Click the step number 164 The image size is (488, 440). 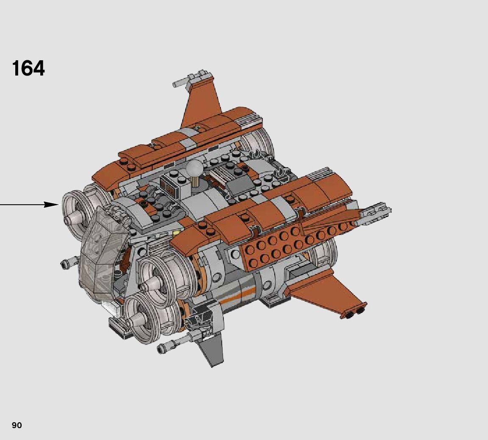pyautogui.click(x=28, y=68)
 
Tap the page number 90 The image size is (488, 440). pyautogui.click(x=17, y=425)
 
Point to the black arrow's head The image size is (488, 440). pyautogui.click(x=51, y=205)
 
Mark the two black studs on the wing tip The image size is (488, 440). pyautogui.click(x=356, y=313)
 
